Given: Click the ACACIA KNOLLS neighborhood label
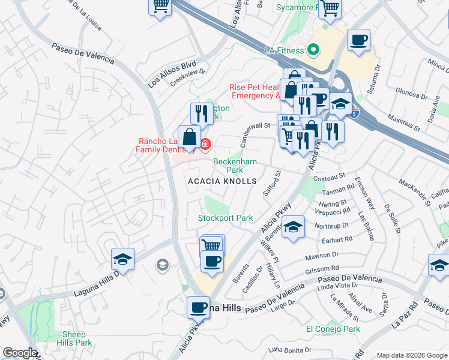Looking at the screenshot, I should coord(222,181).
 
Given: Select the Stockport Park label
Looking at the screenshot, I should coord(226,218).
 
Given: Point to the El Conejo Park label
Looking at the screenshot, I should coord(333,329).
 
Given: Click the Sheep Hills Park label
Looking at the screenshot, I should coord(77,338).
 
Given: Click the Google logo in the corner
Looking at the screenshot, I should coord(19,353).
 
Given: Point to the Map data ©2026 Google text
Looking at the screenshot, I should coord(411,355).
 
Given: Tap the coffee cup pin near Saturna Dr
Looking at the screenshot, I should coord(358,40).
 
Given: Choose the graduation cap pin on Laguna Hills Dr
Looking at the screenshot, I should coord(122,260).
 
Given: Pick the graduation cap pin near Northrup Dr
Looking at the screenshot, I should coord(292,227).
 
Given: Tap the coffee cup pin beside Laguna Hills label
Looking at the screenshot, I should coord(198,308).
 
